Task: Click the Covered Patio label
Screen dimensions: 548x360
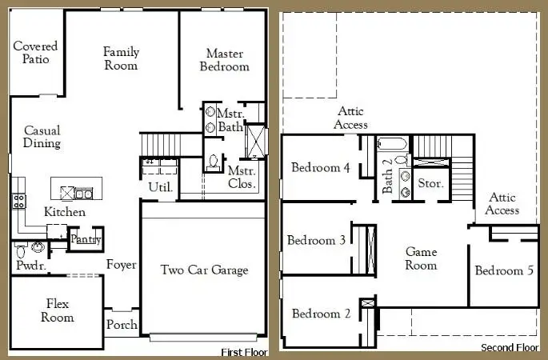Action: [x=35, y=53]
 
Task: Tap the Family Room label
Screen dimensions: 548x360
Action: [x=121, y=58]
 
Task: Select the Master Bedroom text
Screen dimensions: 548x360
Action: [x=224, y=60]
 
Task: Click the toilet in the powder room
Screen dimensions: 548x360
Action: [x=21, y=250]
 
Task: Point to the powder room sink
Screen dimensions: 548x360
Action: [x=38, y=247]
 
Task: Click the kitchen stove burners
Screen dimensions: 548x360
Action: [x=19, y=202]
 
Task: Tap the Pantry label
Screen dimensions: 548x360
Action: [x=86, y=239]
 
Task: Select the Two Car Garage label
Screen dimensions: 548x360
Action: [x=205, y=270]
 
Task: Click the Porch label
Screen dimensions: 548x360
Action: [x=122, y=324]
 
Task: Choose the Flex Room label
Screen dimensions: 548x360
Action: [x=58, y=310]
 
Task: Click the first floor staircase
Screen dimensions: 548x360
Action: [x=161, y=145]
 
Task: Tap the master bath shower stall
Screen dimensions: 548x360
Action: [x=256, y=142]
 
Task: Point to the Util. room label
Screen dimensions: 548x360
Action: [x=161, y=187]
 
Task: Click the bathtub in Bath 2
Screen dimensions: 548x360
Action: [x=392, y=144]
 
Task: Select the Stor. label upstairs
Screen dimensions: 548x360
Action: [x=430, y=183]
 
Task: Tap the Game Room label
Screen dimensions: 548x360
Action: [x=421, y=258]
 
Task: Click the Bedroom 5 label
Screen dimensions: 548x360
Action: [x=504, y=270]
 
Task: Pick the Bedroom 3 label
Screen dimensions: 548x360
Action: [x=316, y=240]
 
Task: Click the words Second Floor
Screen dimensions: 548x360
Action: [x=510, y=347]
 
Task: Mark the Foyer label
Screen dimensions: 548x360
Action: [x=122, y=265]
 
